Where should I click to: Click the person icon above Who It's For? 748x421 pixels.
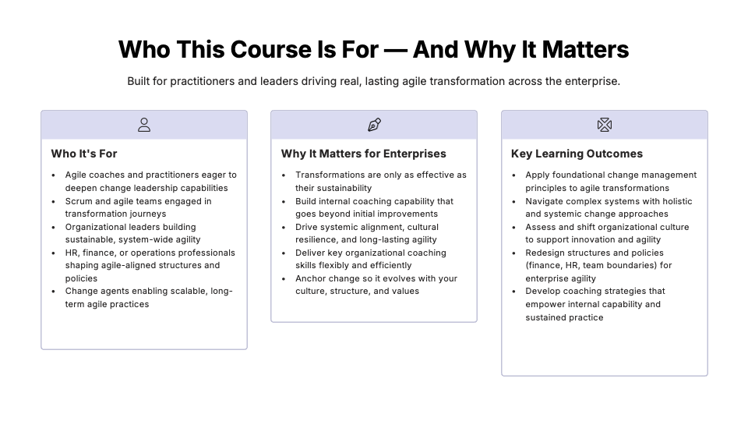click(144, 125)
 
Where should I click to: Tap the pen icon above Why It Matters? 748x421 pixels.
click(375, 125)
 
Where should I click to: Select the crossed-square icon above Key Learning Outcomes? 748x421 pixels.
click(605, 125)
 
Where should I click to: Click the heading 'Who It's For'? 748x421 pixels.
click(84, 154)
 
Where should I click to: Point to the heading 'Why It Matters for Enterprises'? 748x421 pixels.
click(364, 154)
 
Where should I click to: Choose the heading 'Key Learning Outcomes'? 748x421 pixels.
click(577, 154)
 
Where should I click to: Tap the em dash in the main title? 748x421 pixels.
click(396, 51)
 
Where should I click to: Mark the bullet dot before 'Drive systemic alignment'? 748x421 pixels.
click(284, 228)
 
